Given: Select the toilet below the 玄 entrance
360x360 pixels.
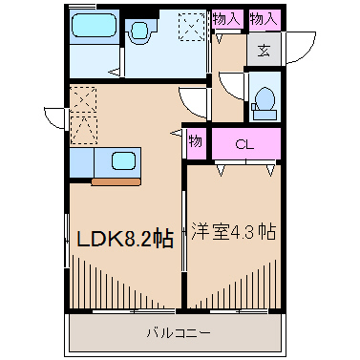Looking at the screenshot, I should click(264, 101).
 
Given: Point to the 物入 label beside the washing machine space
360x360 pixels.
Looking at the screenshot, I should click(226, 18).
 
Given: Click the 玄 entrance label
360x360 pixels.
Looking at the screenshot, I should click(263, 51).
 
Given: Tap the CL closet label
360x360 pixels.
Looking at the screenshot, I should click(245, 144).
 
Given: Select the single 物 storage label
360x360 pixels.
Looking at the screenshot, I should click(195, 142).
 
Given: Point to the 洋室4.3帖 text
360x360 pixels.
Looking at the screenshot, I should click(234, 232).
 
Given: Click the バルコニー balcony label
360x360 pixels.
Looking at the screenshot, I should click(178, 332).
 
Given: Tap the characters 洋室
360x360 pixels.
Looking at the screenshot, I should click(208, 232).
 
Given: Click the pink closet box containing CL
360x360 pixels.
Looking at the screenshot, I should click(245, 144).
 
